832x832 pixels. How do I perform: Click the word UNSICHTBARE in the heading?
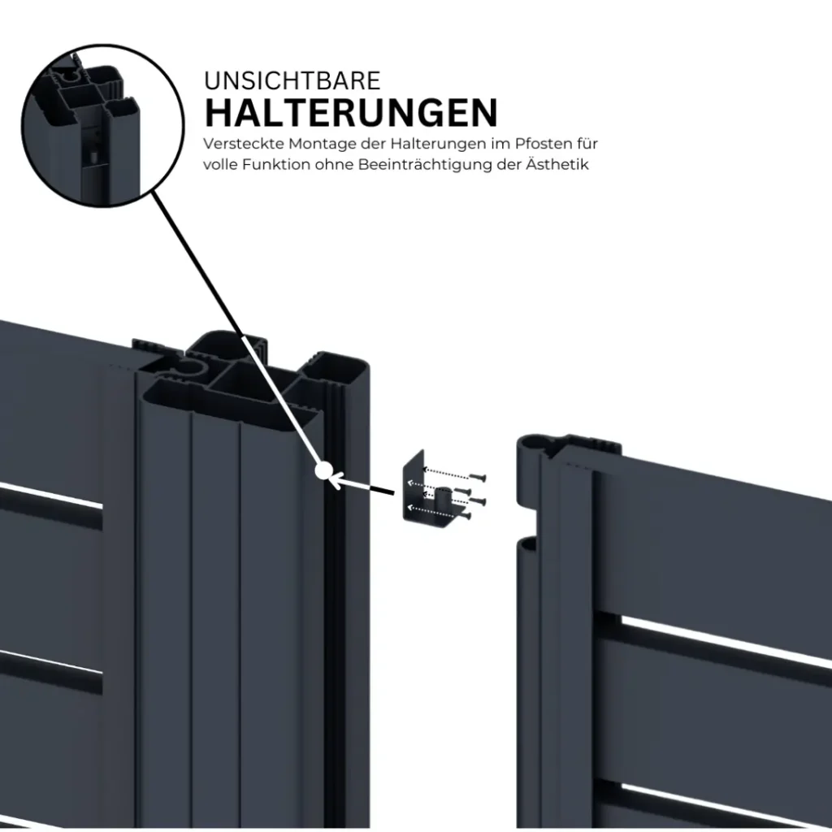pyautogui.click(x=292, y=80)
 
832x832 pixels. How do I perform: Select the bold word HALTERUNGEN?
pyautogui.click(x=351, y=112)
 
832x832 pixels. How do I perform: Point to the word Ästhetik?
pyautogui.click(x=557, y=163)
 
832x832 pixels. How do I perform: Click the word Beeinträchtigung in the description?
pyautogui.click(x=426, y=164)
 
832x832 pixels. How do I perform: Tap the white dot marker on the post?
pyautogui.click(x=323, y=470)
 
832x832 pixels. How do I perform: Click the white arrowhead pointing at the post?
pyautogui.click(x=336, y=481)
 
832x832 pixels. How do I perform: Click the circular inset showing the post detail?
pyautogui.click(x=103, y=125)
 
